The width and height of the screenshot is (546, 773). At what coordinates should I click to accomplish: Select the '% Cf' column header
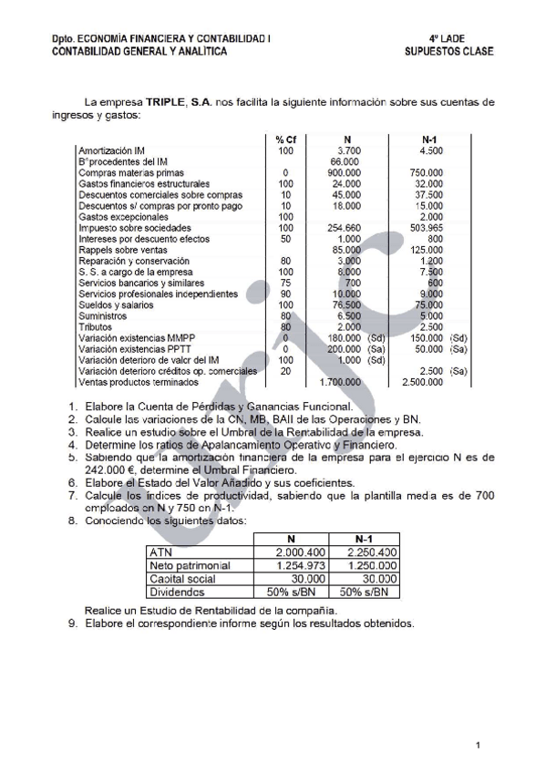(285, 139)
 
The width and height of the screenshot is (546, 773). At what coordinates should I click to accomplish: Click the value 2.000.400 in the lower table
(288, 553)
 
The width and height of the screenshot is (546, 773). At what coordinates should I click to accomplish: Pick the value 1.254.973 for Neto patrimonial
(288, 566)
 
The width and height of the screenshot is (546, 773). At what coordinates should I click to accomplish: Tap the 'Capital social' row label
(180, 579)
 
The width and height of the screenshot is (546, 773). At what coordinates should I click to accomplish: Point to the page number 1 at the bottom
(478, 747)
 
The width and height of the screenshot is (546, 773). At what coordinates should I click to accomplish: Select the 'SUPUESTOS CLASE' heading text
(448, 52)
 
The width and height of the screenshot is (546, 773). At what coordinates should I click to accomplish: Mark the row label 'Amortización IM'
(111, 149)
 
